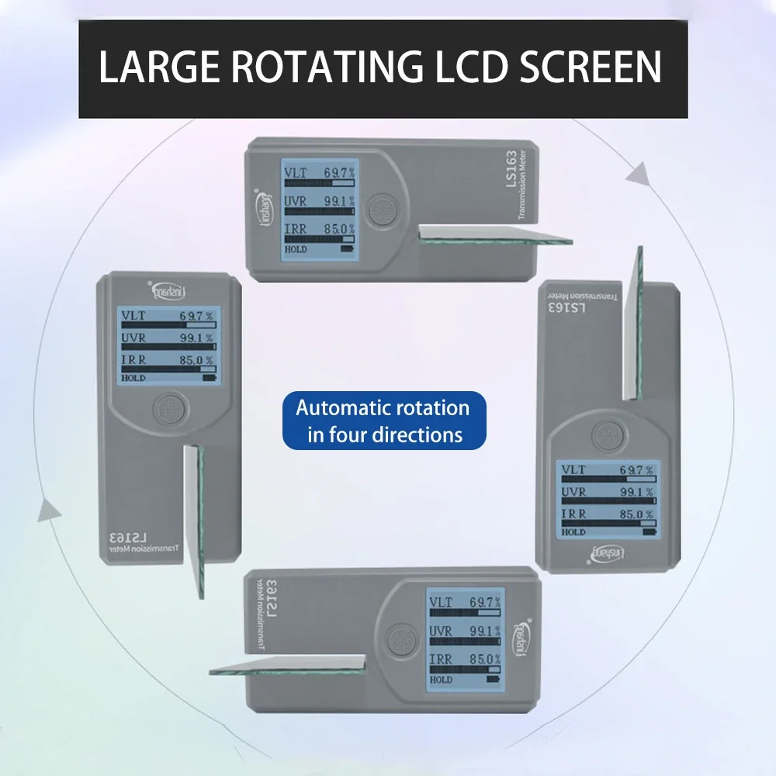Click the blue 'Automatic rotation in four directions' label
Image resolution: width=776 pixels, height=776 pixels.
(383, 420)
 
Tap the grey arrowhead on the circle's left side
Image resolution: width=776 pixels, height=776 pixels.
(50, 510)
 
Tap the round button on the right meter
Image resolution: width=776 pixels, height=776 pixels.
(606, 435)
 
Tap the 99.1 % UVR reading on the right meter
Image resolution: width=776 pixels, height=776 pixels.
(636, 493)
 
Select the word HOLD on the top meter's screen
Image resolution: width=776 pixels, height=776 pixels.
(296, 250)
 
